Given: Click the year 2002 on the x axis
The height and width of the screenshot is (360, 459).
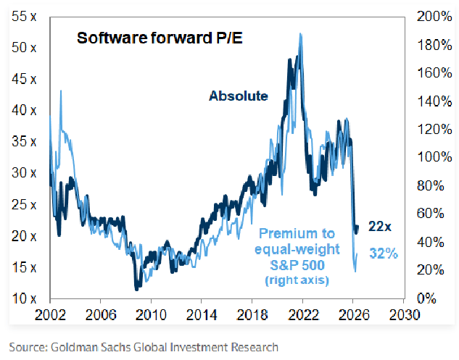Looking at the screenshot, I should point(50,316).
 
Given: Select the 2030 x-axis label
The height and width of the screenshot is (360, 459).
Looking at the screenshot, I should point(403,316).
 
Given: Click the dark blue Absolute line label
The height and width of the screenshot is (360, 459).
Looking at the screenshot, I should point(239,96).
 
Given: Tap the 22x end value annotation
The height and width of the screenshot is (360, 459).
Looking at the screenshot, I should point(380,226).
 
